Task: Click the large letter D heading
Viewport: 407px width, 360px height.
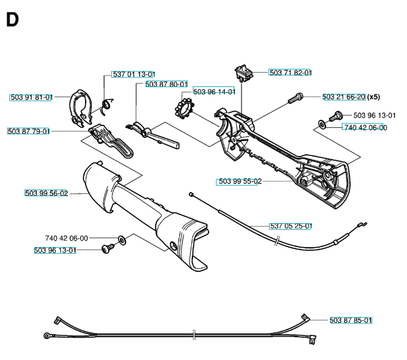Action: click(12, 20)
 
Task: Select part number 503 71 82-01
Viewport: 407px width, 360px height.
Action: click(291, 73)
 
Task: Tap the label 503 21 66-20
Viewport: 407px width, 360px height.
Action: click(343, 97)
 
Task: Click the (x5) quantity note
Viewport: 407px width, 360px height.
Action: click(373, 97)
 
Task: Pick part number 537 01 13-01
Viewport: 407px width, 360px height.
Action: click(134, 74)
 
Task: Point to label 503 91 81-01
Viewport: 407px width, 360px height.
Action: click(31, 97)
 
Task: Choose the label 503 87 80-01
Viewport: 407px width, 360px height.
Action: click(166, 85)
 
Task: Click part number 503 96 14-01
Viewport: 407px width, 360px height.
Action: click(214, 92)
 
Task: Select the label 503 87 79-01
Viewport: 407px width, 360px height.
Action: click(29, 131)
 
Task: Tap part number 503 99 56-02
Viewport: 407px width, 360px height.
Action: click(47, 193)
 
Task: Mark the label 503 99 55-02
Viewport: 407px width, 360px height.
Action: click(238, 181)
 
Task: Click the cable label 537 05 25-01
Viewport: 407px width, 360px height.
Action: click(290, 226)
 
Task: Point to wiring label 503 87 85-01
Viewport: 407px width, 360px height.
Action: click(351, 320)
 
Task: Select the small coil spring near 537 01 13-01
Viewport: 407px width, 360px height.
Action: click(106, 106)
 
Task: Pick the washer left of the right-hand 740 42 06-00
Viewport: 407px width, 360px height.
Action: click(322, 125)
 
